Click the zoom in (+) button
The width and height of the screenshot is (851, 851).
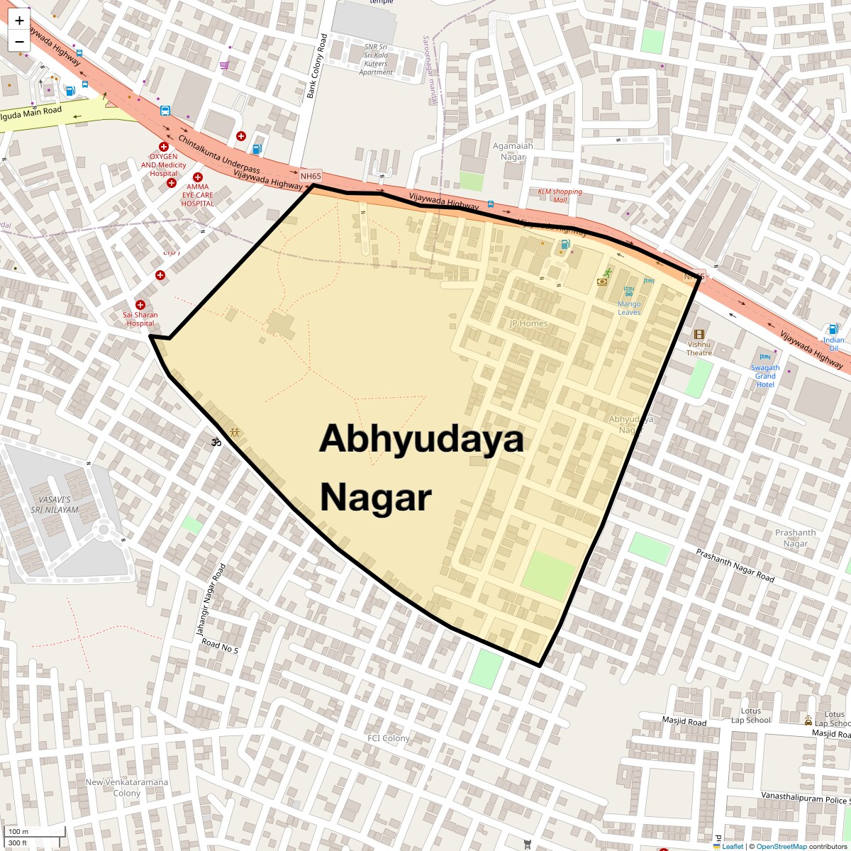19,21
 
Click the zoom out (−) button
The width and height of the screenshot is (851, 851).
19,41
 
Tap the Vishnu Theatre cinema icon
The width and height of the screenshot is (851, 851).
699,335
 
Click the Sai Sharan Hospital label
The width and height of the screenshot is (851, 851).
140,319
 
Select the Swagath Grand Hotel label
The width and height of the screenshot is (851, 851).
765,376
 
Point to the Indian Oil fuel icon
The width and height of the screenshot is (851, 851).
833,329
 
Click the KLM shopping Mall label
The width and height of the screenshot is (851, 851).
560,195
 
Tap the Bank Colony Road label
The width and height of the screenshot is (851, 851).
316,65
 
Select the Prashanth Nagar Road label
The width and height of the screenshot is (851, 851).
735,565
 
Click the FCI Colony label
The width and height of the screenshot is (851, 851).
389,738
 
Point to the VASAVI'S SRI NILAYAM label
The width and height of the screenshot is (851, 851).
55,504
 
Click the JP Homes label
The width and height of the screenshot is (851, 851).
529,323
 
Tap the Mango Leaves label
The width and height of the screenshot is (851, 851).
629,308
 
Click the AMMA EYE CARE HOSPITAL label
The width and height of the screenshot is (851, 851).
197,195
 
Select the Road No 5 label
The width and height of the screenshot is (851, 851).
220,645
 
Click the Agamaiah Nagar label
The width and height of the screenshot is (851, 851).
513,152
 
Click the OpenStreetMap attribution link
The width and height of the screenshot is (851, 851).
781,846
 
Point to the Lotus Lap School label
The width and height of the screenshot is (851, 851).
751,716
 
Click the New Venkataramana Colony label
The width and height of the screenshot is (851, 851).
127,787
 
